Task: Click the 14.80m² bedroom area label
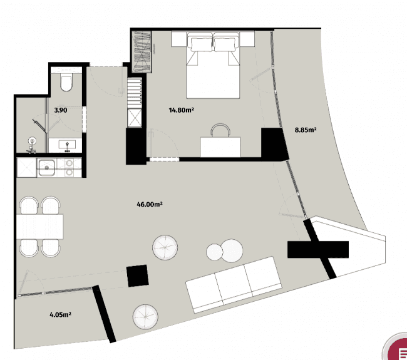(180, 111)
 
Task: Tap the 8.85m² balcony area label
(306, 130)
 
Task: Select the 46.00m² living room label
(150, 204)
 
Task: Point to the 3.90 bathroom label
(61, 110)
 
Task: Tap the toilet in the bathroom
(66, 83)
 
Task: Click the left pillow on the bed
(202, 44)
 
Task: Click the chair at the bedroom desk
(220, 130)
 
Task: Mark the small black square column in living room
(137, 275)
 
